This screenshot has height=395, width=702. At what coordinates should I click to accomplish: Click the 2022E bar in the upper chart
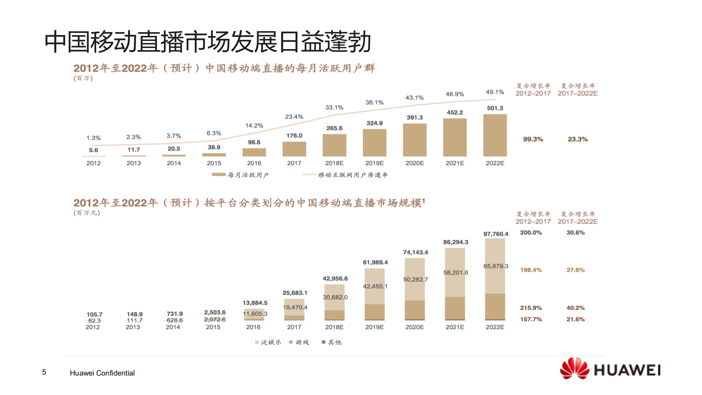495,135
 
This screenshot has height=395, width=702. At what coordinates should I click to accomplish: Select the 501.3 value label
495,108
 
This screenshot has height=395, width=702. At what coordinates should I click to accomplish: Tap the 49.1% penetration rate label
495,92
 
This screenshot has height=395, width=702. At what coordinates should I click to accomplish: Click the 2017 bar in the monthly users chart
294,149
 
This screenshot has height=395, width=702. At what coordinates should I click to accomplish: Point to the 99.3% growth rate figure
533,139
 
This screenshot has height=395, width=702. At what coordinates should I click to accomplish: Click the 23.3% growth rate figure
578,139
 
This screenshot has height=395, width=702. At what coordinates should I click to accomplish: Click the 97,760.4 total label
496,234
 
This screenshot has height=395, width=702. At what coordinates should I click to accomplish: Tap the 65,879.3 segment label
496,266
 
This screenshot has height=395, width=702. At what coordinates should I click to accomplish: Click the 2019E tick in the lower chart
374,327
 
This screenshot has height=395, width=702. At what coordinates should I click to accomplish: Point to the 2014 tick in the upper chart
174,163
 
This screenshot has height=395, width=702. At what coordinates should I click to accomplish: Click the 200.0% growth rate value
531,233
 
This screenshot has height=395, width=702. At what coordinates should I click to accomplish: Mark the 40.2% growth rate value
575,308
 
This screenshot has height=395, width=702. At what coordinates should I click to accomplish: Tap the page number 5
44,372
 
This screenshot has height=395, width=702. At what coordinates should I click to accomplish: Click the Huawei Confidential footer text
102,373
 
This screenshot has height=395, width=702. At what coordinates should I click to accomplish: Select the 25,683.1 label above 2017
295,293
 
